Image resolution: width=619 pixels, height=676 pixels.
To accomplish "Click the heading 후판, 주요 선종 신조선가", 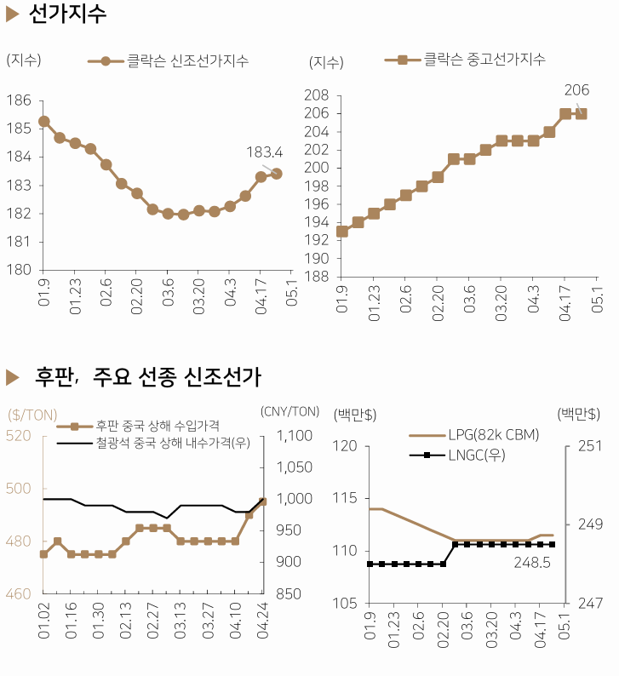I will (x=146, y=375).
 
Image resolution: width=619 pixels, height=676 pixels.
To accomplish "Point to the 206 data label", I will (x=576, y=90).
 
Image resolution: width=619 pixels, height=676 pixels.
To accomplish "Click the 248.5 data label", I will (x=531, y=563).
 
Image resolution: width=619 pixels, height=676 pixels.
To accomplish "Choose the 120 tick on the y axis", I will (x=344, y=445).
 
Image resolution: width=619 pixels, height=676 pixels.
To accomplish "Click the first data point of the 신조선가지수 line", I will (x=43, y=122).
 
